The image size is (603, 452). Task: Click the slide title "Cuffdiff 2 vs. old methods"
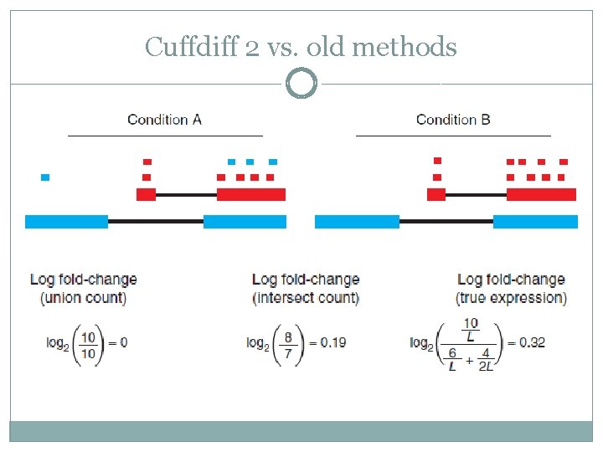click(301, 47)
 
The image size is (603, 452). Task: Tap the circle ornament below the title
click(301, 84)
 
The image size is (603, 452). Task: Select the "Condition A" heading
click(164, 120)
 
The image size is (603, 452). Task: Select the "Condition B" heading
click(453, 120)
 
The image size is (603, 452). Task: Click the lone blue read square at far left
click(45, 177)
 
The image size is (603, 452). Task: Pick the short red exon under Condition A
click(146, 194)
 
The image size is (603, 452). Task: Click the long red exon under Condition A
click(251, 194)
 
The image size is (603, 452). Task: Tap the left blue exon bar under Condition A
click(66, 222)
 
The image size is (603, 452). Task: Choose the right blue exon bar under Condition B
click(535, 222)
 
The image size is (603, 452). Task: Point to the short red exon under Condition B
click(436, 194)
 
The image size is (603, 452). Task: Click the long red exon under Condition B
click(541, 194)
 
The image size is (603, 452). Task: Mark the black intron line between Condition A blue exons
click(156, 222)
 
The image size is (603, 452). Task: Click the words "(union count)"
click(83, 298)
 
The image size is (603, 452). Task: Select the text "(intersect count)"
click(305, 298)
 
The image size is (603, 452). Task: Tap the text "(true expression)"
click(511, 298)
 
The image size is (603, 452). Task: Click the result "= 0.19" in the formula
click(327, 342)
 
